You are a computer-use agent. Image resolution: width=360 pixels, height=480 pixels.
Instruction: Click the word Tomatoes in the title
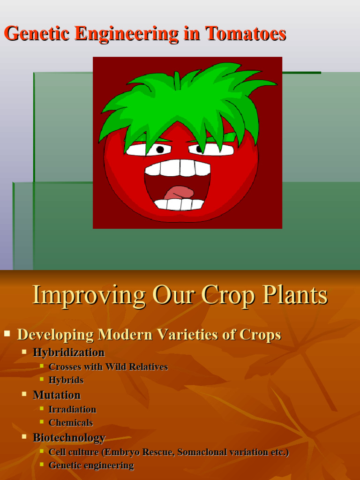(245, 34)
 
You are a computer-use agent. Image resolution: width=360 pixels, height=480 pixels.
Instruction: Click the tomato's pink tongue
(179, 192)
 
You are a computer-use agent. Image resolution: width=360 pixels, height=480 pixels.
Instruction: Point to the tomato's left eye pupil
(160, 150)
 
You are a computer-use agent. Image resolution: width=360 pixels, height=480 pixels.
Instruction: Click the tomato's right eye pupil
(200, 149)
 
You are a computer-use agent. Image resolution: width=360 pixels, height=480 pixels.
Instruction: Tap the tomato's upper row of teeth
(178, 167)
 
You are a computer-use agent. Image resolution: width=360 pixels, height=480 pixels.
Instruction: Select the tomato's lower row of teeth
(179, 204)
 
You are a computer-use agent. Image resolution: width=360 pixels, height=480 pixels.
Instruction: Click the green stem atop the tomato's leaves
(177, 81)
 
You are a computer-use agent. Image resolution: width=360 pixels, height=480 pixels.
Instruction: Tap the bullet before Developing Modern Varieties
(7, 334)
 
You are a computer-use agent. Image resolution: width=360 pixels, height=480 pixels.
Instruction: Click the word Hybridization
(68, 352)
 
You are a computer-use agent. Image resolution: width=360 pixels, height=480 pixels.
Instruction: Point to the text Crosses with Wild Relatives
(108, 367)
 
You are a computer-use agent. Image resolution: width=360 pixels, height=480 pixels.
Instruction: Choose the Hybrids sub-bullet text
(66, 380)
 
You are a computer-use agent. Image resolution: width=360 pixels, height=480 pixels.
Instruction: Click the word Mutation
(57, 395)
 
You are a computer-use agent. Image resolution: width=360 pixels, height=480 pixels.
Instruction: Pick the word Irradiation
(72, 409)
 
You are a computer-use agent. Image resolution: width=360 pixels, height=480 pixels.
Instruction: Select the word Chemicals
(71, 422)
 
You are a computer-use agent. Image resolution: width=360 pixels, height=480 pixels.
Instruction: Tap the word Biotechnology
(69, 437)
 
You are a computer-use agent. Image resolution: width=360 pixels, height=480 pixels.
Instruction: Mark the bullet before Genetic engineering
(42, 465)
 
